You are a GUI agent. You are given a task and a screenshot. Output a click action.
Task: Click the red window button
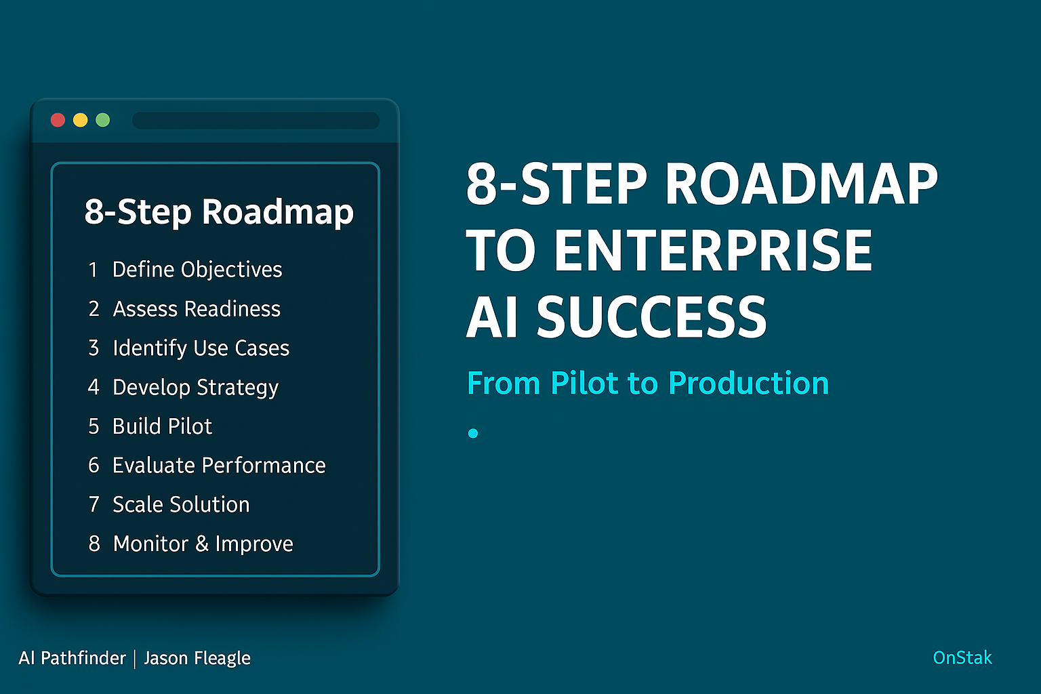pos(58,120)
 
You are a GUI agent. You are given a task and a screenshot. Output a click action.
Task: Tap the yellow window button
pos(81,120)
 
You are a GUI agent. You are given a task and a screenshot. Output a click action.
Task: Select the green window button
pos(103,120)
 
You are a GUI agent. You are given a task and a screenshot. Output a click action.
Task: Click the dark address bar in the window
pos(256,121)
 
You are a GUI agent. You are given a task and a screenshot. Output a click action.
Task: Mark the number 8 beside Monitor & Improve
pos(94,544)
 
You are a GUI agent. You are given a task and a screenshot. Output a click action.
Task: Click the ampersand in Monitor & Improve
pos(202,544)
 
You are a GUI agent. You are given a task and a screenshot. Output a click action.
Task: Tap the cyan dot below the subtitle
pos(473,433)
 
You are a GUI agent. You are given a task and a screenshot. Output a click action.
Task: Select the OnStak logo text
pos(962,658)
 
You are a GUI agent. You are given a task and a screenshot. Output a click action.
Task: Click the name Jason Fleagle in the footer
pos(197,658)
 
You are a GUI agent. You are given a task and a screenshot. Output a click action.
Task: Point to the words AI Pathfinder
pos(72,658)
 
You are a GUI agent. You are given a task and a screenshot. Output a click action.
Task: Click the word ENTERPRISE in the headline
pos(713,250)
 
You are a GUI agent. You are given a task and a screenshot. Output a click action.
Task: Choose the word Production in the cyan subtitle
pos(748,384)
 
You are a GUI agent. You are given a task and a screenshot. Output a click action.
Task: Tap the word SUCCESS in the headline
pos(651,317)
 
